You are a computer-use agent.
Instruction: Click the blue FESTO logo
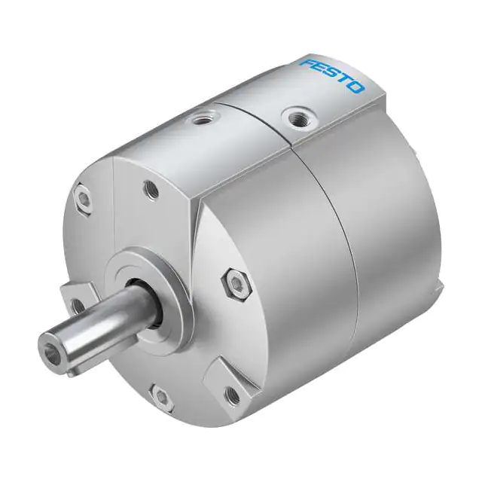click(x=332, y=75)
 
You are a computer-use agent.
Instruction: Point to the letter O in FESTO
click(x=356, y=87)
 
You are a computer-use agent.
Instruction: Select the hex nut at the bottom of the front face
click(x=161, y=396)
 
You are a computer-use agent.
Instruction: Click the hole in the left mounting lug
click(x=75, y=304)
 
